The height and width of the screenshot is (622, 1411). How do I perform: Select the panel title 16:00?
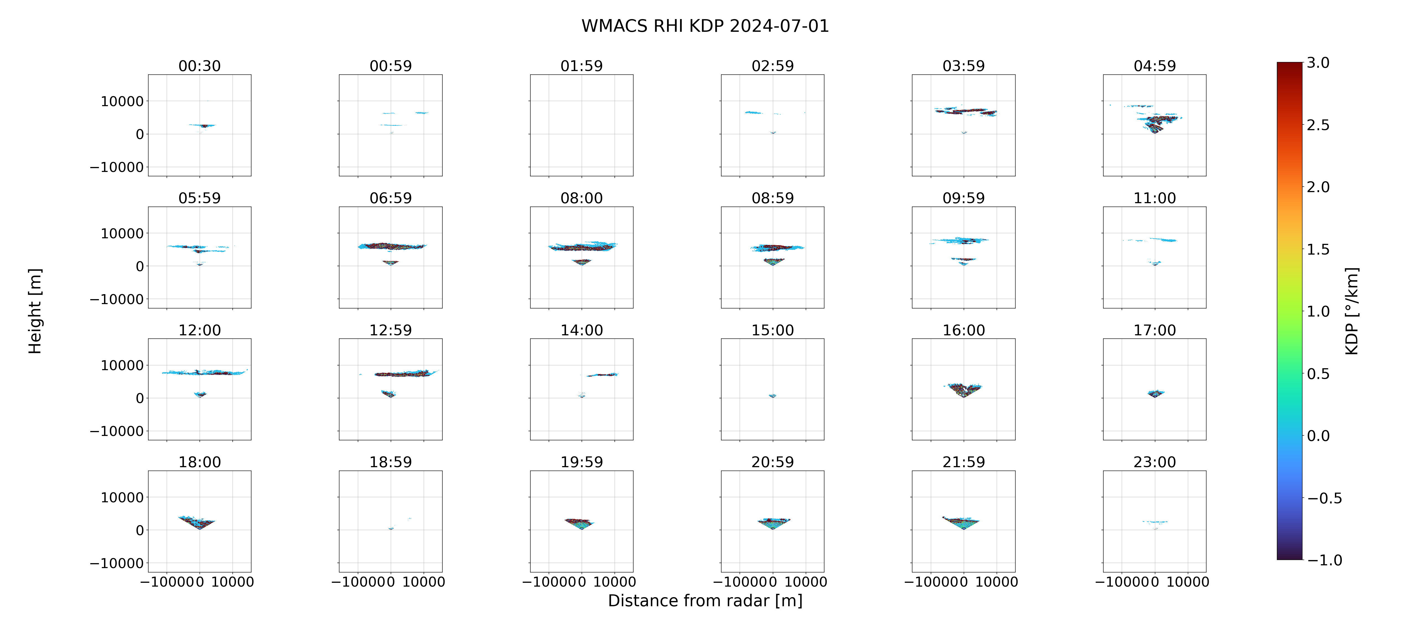tap(963, 330)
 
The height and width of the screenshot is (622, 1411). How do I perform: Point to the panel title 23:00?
tap(1155, 462)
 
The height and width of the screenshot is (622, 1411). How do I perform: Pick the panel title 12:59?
tap(391, 330)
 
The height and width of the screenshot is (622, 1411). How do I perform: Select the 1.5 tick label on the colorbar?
tap(1318, 249)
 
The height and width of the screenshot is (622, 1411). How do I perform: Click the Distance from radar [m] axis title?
tap(705, 601)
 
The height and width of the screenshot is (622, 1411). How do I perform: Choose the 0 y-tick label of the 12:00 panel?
tap(140, 398)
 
